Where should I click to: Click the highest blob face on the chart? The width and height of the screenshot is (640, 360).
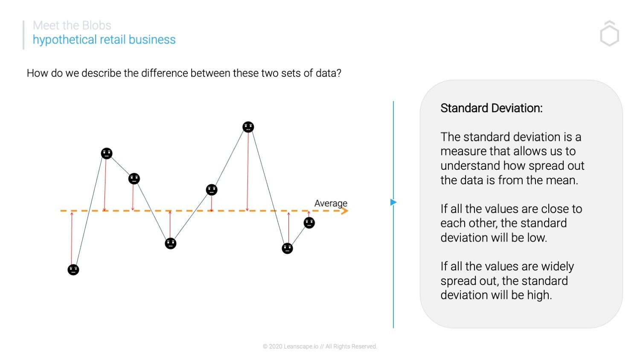[248, 127]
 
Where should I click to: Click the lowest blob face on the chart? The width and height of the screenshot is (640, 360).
[73, 270]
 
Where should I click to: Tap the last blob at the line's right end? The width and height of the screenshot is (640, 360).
[309, 223]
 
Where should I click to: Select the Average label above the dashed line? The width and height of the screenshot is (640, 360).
[331, 203]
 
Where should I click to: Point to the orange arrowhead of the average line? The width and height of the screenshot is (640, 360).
[345, 211]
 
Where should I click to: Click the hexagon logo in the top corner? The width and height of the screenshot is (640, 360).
[609, 34]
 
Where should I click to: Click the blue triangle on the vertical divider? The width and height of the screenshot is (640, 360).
[393, 202]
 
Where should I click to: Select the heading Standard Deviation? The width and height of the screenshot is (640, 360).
[491, 108]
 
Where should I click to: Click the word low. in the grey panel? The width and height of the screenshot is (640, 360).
[537, 238]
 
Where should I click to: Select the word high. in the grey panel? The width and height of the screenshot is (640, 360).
[539, 295]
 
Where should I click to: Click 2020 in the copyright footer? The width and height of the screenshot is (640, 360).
[276, 346]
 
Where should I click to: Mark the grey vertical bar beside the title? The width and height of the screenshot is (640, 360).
[23, 35]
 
